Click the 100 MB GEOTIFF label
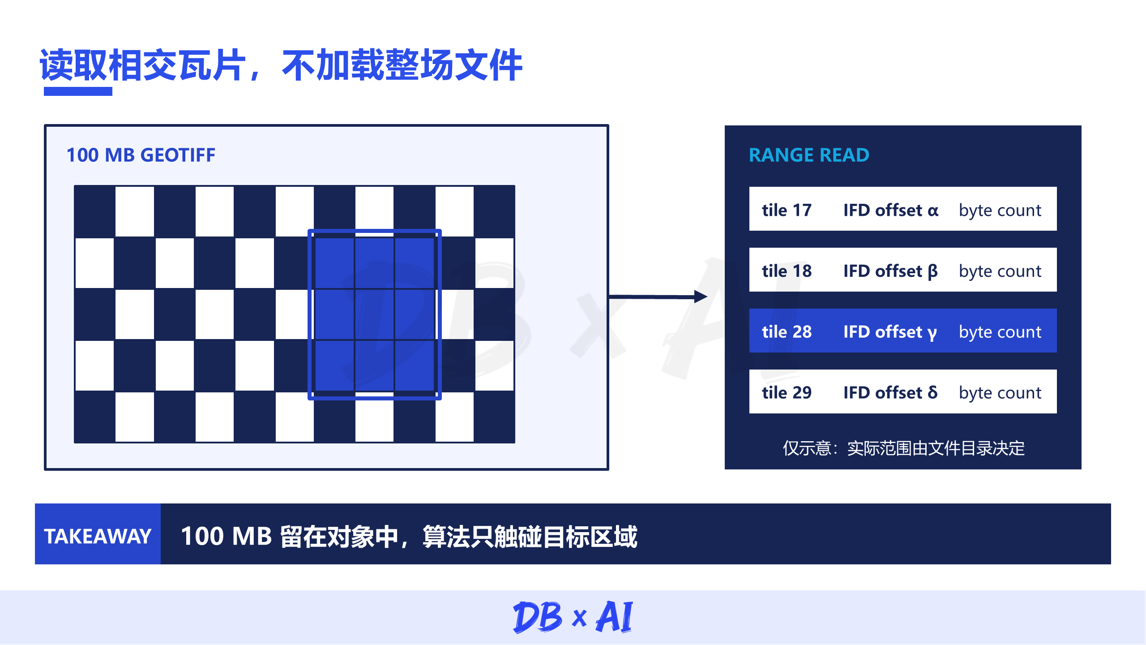(x=141, y=155)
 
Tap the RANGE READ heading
(x=809, y=155)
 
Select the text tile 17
(x=787, y=210)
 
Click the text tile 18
(x=787, y=271)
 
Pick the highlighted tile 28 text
(x=787, y=332)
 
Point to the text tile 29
(x=787, y=393)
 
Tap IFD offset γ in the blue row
(x=890, y=332)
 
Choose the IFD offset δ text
(x=890, y=392)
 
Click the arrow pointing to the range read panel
(x=658, y=297)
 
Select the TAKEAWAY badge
(x=98, y=534)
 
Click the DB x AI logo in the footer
(x=573, y=617)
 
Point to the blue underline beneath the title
(x=78, y=91)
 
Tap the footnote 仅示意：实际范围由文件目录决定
(x=903, y=448)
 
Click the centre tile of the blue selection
(x=375, y=314)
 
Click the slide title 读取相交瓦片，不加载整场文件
(x=281, y=65)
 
